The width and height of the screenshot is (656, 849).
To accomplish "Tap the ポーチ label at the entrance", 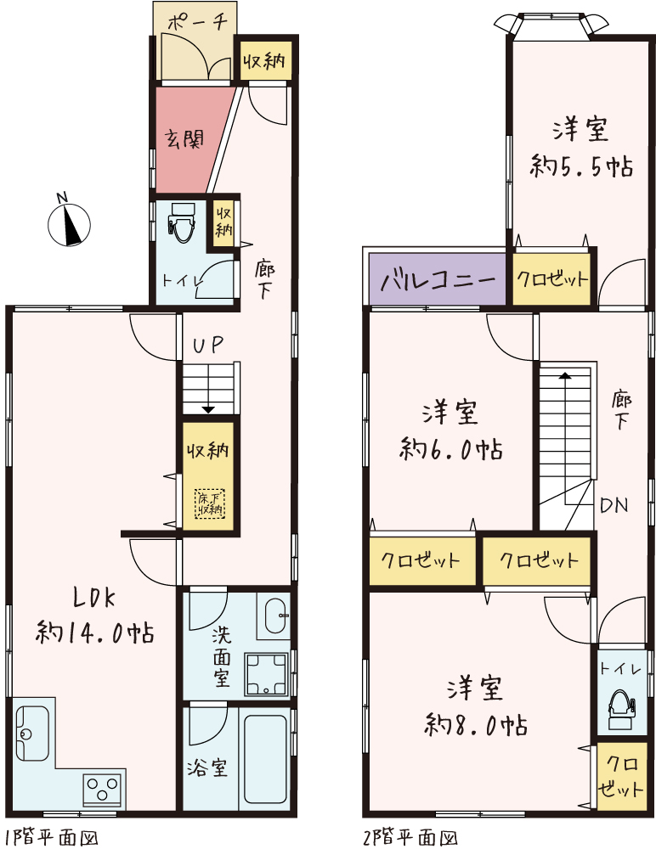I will pos(196,23).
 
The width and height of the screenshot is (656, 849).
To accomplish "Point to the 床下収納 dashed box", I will pos(209,503).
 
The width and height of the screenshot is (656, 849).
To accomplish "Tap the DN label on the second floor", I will pos(614,507).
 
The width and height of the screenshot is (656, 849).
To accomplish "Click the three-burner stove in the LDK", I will pos(103,790).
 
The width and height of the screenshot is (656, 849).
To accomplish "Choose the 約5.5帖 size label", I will pos(582,165).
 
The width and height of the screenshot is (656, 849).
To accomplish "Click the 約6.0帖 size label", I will pos(451,447).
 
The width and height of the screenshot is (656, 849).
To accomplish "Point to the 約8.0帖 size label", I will pos(475,724).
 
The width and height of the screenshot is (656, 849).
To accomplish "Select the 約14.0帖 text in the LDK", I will pos(95,632).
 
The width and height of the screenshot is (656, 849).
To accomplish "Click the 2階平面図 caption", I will pos(411,837).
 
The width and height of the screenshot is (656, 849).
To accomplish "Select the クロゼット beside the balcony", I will pos(551,279).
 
